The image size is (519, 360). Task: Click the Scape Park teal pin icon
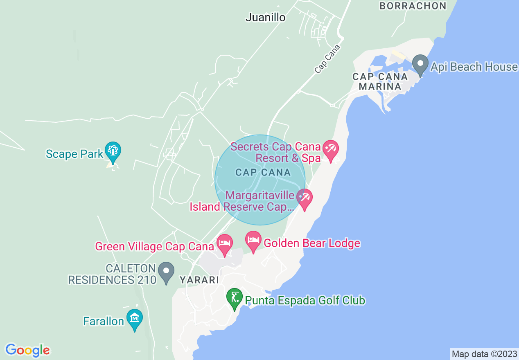tap(112, 151)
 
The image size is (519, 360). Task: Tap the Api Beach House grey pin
tap(420, 65)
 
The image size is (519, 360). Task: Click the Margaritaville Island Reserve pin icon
tap(304, 198)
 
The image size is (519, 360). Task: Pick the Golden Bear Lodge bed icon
tap(253, 241)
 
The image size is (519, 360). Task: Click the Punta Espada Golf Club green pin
tap(235, 298)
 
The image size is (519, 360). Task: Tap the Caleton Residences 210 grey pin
tap(166, 272)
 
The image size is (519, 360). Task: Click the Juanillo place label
tap(265, 18)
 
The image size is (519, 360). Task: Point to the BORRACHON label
tap(413, 6)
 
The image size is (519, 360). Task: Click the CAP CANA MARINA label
tap(380, 81)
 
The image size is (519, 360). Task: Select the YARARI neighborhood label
tap(199, 280)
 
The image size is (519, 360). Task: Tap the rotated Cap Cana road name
tap(327, 59)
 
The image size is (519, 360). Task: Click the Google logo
tap(27, 350)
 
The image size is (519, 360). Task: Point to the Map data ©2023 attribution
tap(484, 353)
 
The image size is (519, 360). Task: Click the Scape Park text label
tap(74, 154)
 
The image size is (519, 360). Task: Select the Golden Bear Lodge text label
tap(312, 243)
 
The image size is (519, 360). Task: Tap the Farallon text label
tap(104, 321)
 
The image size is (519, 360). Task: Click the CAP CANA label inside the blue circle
tap(263, 172)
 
